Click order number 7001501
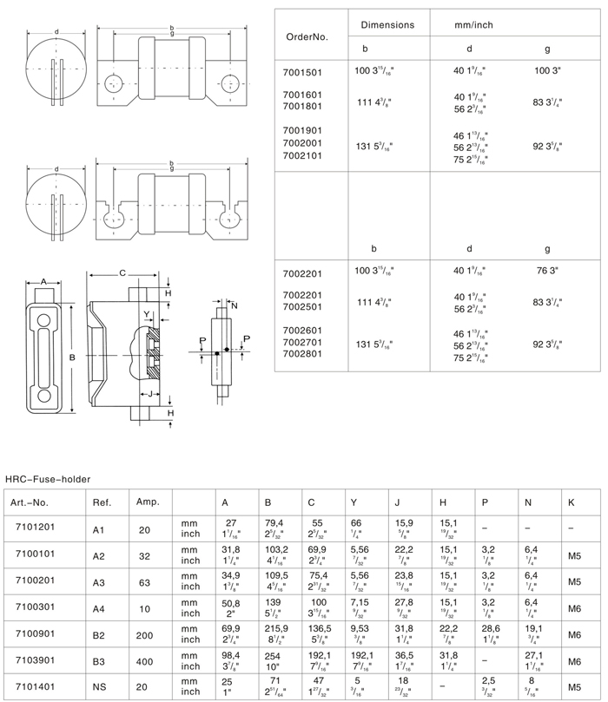click(x=303, y=73)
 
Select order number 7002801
click(x=303, y=353)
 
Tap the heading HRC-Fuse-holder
click(x=48, y=477)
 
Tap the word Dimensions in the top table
click(x=387, y=25)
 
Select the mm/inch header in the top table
click(x=473, y=25)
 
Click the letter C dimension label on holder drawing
click(x=123, y=273)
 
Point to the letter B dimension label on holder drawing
click(x=73, y=357)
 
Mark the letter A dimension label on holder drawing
click(x=44, y=282)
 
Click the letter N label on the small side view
click(x=235, y=305)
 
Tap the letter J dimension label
click(x=150, y=395)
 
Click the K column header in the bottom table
click(x=569, y=502)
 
